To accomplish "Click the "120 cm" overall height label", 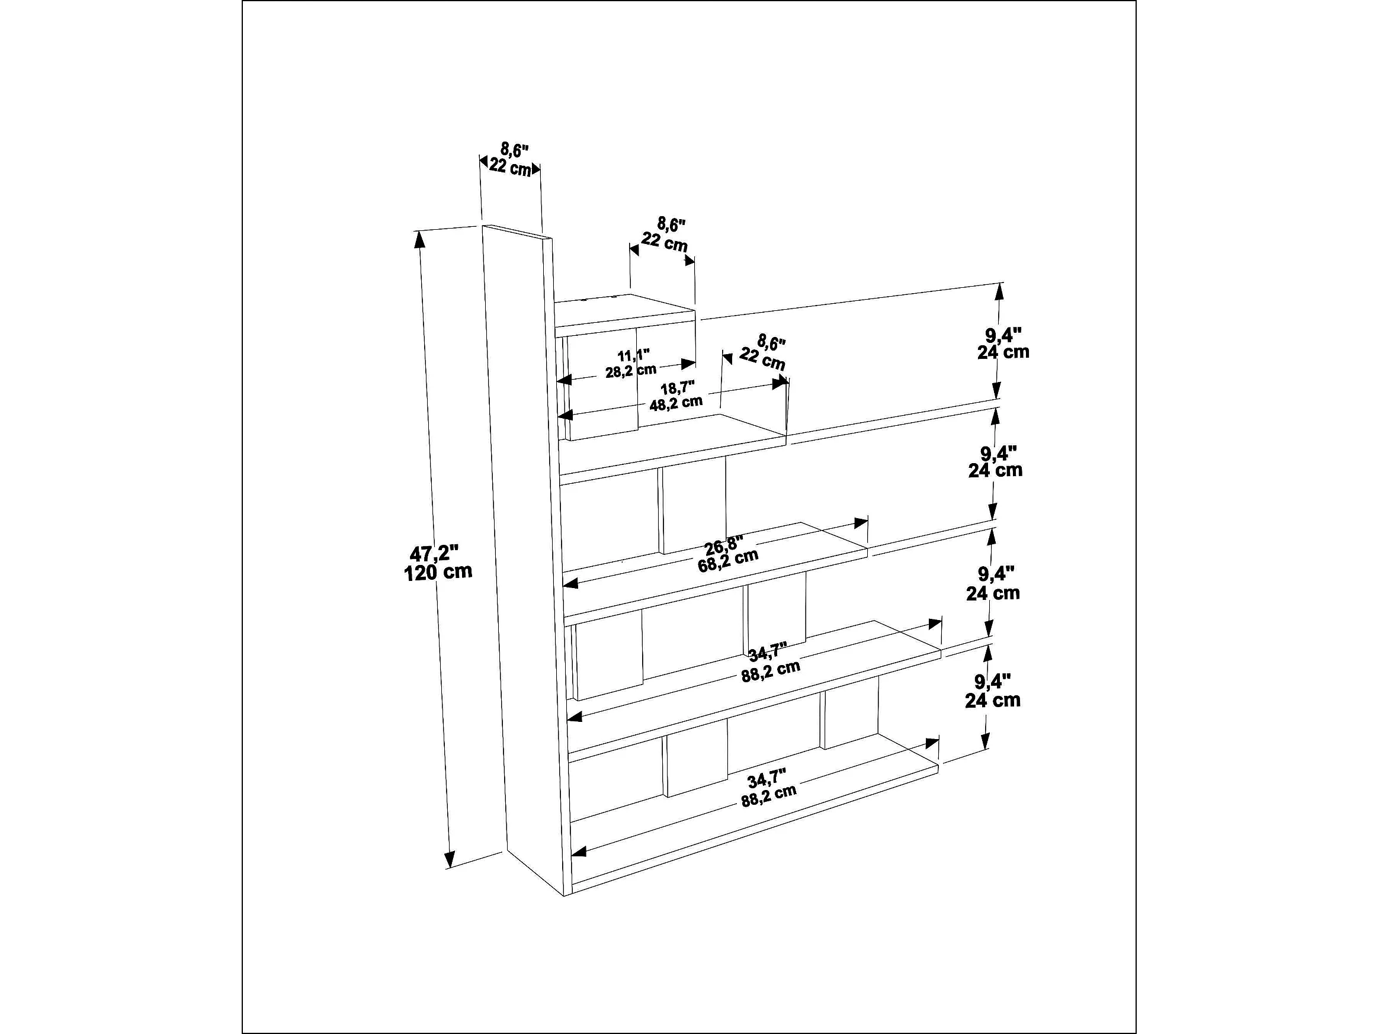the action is [438, 571].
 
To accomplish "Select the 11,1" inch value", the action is [633, 355].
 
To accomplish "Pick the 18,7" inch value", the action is [677, 387].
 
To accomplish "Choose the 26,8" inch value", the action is [723, 546].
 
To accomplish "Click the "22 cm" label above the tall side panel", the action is [510, 166].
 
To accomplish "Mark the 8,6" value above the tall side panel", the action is [514, 150].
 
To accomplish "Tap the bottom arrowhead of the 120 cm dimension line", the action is [450, 860].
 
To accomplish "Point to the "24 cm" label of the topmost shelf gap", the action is [1003, 352].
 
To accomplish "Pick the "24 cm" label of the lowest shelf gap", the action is [992, 700].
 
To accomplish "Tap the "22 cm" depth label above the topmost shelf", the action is [665, 241].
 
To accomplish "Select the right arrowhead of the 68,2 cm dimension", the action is [861, 522].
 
